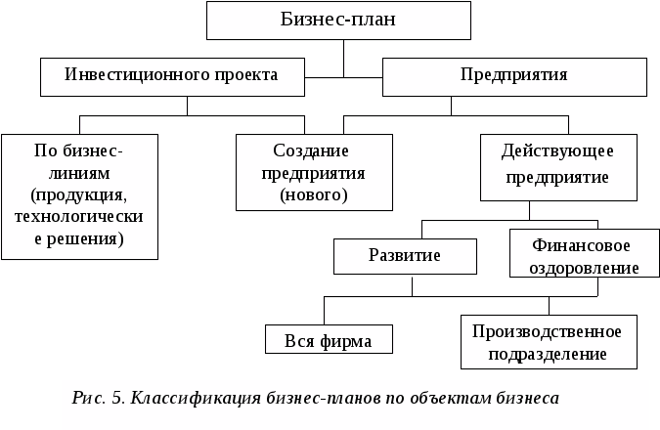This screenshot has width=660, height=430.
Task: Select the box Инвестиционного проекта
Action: click(x=171, y=75)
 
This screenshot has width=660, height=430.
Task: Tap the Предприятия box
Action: click(x=513, y=75)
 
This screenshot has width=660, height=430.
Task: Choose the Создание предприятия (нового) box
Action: click(x=313, y=171)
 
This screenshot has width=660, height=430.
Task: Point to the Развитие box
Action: click(x=405, y=256)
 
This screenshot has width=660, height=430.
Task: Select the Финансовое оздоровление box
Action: click(x=581, y=255)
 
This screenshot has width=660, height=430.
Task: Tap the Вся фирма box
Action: click(x=329, y=339)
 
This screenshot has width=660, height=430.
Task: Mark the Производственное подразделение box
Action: click(x=548, y=341)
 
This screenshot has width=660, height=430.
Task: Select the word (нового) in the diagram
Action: click(x=313, y=194)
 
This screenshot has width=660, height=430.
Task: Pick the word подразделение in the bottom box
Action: click(x=548, y=353)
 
